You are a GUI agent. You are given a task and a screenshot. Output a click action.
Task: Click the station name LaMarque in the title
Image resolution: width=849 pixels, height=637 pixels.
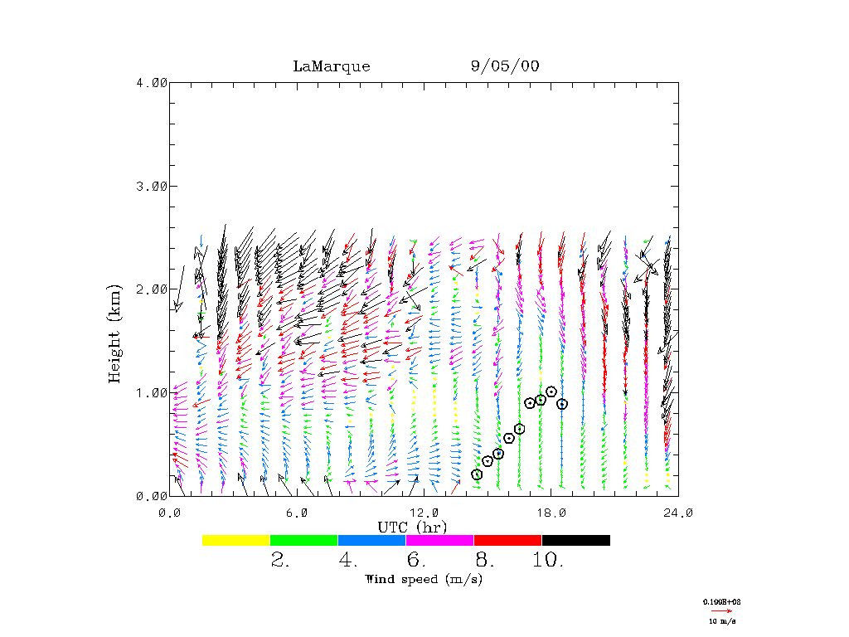pyautogui.click(x=331, y=66)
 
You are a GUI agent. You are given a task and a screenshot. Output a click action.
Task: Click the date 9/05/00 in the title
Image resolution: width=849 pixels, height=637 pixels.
pyautogui.click(x=504, y=66)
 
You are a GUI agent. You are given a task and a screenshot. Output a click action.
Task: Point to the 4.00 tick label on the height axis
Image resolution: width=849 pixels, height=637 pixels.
pyautogui.click(x=152, y=82)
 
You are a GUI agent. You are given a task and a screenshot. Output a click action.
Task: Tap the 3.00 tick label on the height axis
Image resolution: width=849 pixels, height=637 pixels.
pyautogui.click(x=152, y=186)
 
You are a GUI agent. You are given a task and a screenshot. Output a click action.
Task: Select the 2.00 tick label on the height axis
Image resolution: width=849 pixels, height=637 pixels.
pyautogui.click(x=152, y=289)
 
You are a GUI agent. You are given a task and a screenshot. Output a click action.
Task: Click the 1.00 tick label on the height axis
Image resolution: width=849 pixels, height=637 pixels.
pyautogui.click(x=152, y=392)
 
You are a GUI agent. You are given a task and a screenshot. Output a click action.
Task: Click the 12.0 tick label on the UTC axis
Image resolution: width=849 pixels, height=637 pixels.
pyautogui.click(x=424, y=513)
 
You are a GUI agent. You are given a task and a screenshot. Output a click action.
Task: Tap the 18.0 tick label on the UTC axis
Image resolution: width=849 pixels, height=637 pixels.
pyautogui.click(x=551, y=513)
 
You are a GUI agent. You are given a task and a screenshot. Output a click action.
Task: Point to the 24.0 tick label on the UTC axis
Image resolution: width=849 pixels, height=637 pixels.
pyautogui.click(x=678, y=513)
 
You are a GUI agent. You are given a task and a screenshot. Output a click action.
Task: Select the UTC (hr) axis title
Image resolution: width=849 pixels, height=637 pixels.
pyautogui.click(x=412, y=527)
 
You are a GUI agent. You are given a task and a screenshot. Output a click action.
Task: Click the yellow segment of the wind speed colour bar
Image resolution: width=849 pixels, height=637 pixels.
pyautogui.click(x=236, y=540)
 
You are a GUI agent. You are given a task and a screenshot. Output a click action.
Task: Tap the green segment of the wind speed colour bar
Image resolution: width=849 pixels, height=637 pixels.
pyautogui.click(x=304, y=540)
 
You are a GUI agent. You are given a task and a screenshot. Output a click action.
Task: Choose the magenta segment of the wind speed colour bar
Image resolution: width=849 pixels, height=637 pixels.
pyautogui.click(x=439, y=540)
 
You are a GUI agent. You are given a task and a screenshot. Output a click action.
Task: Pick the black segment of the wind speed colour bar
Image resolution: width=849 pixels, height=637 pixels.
pyautogui.click(x=575, y=540)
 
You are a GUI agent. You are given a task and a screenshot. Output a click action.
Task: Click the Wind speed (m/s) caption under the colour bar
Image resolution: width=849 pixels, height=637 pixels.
pyautogui.click(x=424, y=579)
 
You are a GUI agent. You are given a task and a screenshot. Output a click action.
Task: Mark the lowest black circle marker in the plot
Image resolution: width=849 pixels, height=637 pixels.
pyautogui.click(x=477, y=474)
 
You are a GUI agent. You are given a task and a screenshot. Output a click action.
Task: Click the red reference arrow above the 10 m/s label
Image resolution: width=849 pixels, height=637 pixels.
pyautogui.click(x=721, y=610)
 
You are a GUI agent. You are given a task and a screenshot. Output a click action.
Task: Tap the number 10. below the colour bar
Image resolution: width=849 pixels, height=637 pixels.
pyautogui.click(x=548, y=561)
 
